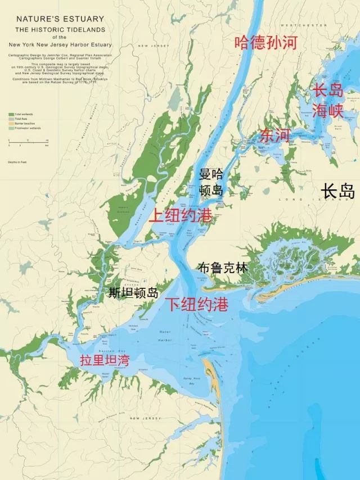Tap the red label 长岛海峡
click(328, 99)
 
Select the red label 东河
click(274, 135)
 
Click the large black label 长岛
click(337, 191)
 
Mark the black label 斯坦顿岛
click(133, 292)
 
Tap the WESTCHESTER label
click(296, 25)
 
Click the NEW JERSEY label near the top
click(150, 46)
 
